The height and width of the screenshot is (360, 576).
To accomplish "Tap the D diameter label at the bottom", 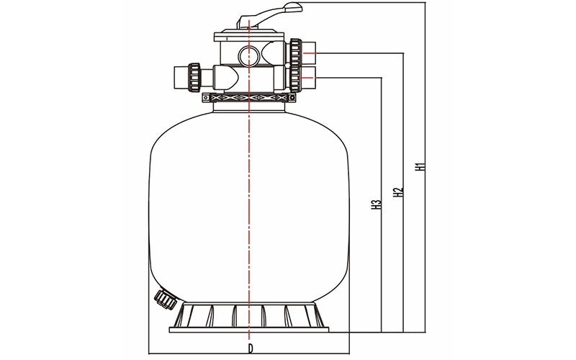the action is tap(250, 348).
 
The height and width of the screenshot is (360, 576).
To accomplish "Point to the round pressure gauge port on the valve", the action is tap(248, 55).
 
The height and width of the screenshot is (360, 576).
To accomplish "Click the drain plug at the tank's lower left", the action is tap(166, 299).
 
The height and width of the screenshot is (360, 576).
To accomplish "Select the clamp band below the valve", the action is tap(249, 98).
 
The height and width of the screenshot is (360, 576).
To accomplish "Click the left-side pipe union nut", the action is tap(194, 77).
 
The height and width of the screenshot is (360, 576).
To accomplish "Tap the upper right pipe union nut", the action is tap(295, 53).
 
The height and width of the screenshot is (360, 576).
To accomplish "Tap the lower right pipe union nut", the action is tap(295, 78).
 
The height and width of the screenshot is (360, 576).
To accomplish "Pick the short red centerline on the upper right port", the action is tap(308, 53).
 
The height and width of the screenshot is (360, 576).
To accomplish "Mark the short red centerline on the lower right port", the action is tap(308, 78).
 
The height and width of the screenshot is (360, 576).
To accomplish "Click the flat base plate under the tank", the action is tap(249, 330).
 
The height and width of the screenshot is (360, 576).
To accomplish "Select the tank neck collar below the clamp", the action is tap(249, 107).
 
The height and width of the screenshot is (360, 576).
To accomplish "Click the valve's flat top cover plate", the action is tap(249, 37).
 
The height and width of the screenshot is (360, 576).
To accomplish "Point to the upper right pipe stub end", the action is tap(310, 53).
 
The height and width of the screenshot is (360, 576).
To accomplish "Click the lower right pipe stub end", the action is tap(310, 78).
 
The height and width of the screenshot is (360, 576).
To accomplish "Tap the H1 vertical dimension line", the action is tap(426, 167).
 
